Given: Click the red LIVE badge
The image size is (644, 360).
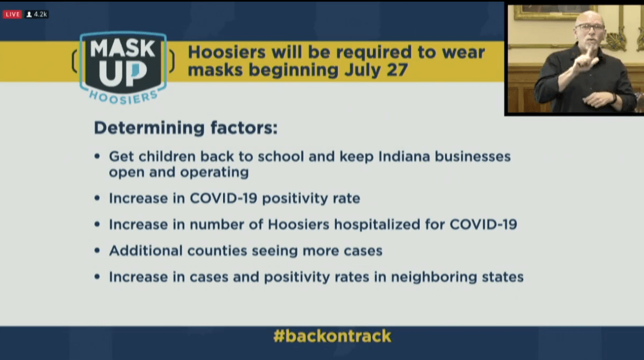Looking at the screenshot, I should click(12, 14).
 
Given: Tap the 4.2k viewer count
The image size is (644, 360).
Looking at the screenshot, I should click(37, 14).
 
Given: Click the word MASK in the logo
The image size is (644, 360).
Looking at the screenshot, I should click(122, 50).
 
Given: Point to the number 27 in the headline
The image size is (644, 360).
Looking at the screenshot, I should click(396, 71).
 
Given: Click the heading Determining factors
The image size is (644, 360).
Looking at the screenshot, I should click(185, 128).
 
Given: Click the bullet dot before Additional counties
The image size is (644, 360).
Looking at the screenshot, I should click(97, 251).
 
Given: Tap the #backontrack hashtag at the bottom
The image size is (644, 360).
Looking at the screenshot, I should click(332, 336).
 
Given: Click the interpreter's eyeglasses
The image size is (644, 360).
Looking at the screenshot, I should click(590, 27).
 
